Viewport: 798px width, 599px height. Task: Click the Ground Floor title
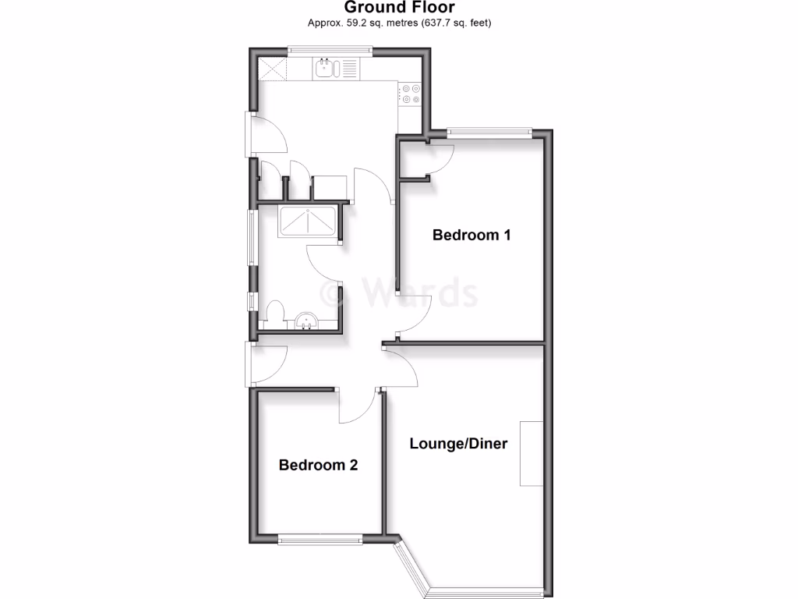[399, 8]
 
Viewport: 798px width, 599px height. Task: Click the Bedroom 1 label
[471, 235]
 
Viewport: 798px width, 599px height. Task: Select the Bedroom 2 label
[318, 466]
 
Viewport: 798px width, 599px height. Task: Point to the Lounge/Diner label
[458, 444]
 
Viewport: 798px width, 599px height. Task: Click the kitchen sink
[326, 69]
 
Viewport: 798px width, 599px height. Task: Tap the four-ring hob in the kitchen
[411, 94]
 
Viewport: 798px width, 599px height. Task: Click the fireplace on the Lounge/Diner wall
[531, 453]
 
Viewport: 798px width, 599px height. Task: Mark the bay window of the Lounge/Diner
[468, 581]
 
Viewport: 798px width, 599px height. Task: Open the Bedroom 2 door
[358, 406]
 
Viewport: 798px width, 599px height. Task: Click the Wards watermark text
[401, 294]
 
